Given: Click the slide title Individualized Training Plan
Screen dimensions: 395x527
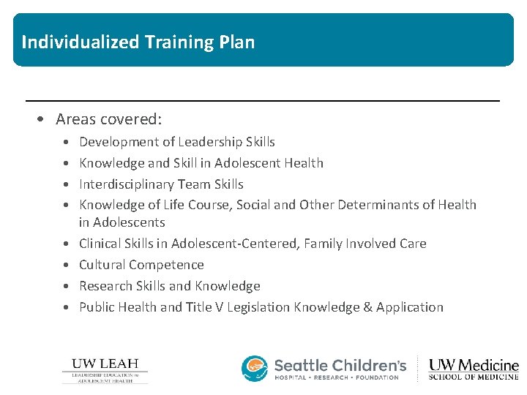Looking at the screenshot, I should point(138,42).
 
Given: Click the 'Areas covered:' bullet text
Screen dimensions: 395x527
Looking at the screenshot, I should point(108,118).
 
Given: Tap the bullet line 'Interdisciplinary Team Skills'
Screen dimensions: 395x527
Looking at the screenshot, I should point(161,184).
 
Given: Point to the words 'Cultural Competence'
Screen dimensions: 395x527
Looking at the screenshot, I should point(141,265).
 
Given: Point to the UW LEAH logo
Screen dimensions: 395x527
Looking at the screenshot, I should point(105,370).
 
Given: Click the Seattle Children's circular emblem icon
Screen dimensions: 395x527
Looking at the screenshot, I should point(255,368).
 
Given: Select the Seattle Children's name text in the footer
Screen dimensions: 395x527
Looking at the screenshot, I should point(340,364).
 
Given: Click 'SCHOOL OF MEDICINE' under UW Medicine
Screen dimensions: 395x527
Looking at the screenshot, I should point(473,377).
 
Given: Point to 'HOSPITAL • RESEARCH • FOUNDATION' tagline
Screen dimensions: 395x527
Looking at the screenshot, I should point(336,377).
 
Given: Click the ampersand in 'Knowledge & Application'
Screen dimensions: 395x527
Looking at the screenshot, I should point(367,307).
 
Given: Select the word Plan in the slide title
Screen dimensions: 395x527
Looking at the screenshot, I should point(236,42).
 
